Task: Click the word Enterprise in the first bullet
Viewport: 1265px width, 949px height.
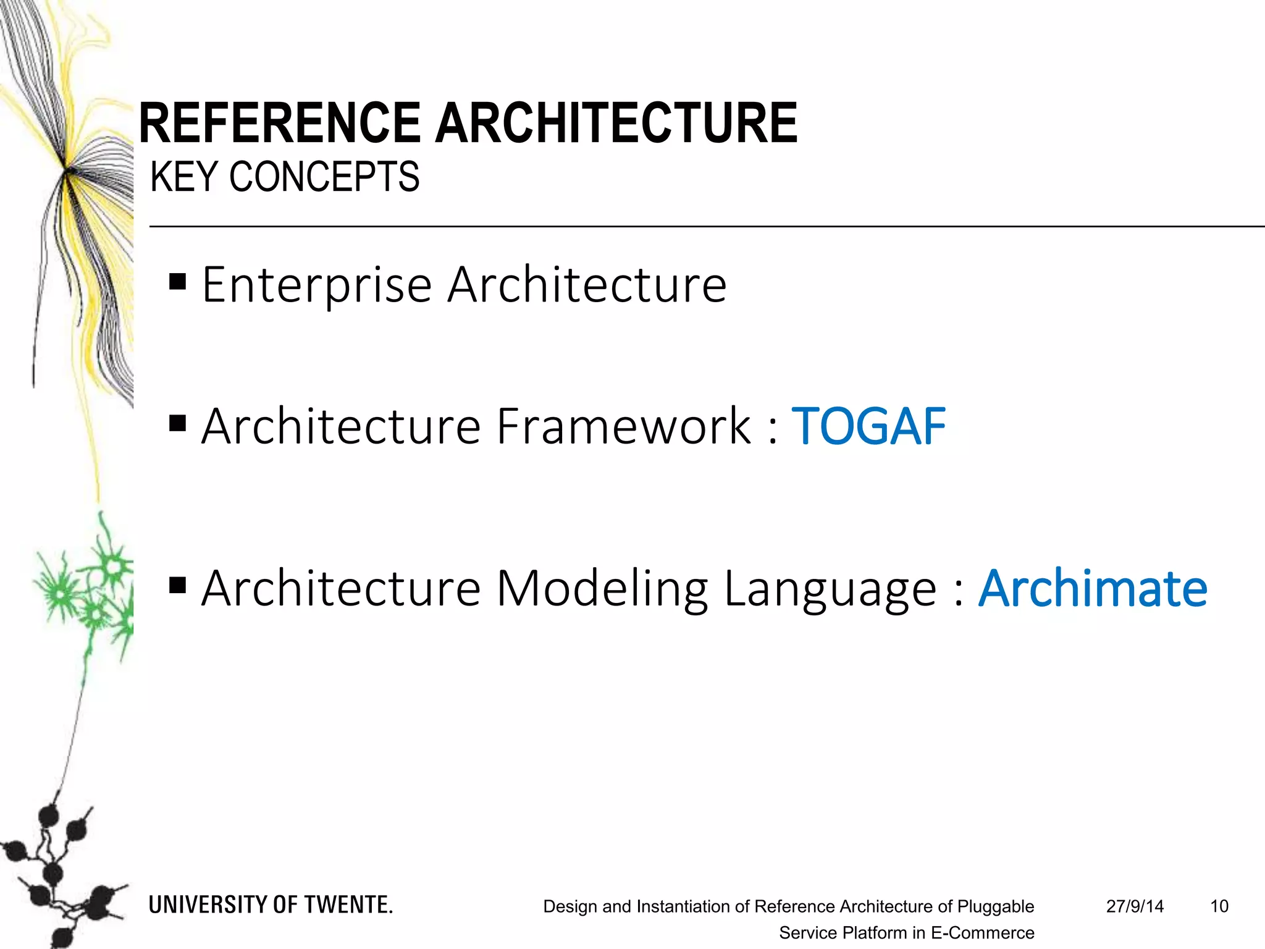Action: [x=317, y=285]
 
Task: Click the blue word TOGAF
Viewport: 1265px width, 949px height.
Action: [x=868, y=426]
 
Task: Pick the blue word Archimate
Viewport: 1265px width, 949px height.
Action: [x=1093, y=588]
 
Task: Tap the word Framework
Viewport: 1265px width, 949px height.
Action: [x=624, y=426]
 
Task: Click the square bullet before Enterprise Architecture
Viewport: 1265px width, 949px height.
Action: [x=178, y=282]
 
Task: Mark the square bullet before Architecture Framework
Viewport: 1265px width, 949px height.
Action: [x=178, y=423]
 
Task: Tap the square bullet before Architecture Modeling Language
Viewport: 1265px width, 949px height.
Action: [x=178, y=584]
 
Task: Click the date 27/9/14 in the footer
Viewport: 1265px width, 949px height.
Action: [x=1135, y=906]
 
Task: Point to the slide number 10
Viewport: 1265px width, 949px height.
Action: [x=1219, y=906]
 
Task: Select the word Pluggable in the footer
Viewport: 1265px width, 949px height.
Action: [x=995, y=906]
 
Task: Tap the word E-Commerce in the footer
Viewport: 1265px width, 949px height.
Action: [x=982, y=933]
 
